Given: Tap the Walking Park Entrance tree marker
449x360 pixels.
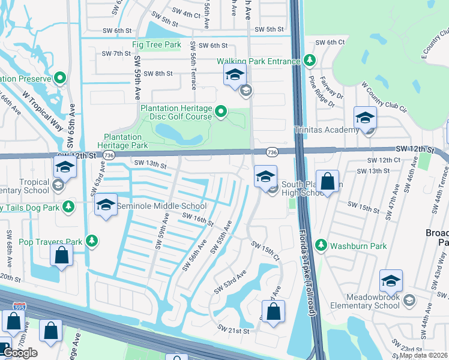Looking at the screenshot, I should point(310,60).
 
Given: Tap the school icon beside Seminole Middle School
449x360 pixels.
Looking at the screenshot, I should point(106,206).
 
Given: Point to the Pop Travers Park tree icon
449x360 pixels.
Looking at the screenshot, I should point(92,241).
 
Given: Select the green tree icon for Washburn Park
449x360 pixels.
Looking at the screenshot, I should point(321,245).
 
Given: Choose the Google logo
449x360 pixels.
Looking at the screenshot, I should point(20,353).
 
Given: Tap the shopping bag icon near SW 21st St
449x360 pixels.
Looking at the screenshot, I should point(273,312).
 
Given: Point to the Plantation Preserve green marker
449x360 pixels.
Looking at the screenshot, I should point(60,78).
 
